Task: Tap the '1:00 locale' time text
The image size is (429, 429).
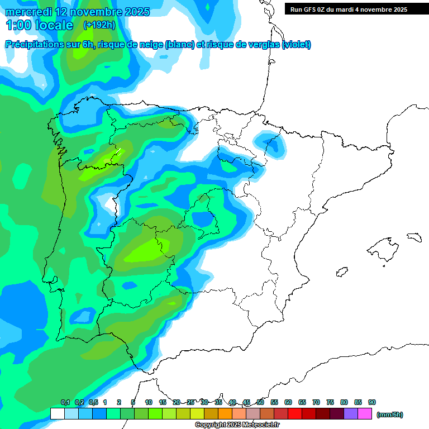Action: point(40,25)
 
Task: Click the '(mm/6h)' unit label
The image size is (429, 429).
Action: point(390,414)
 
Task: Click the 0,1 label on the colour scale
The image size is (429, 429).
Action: point(65,403)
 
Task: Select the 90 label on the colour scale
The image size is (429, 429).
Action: point(372,403)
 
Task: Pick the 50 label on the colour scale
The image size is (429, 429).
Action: point(260,403)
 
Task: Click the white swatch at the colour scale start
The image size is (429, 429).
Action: point(57,414)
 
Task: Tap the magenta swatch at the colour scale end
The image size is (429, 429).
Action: point(365,414)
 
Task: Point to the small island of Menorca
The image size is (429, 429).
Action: point(414,237)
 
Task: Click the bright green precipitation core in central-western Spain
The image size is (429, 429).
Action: point(146,249)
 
